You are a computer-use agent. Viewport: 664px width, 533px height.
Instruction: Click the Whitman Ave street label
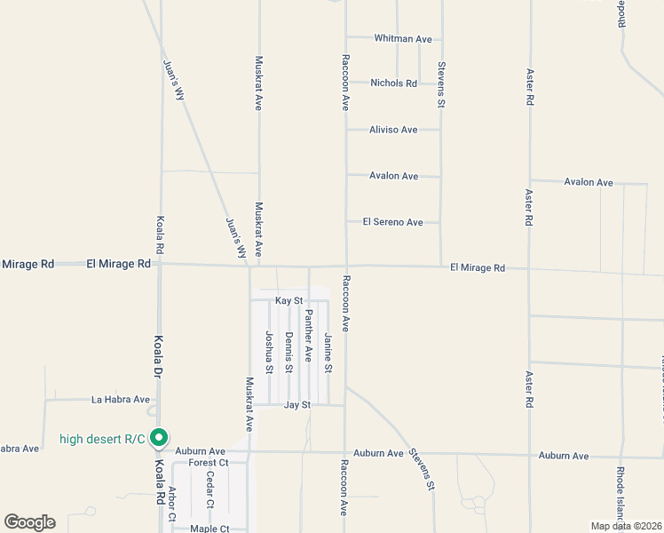(403, 39)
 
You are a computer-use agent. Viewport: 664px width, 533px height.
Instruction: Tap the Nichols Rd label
(394, 84)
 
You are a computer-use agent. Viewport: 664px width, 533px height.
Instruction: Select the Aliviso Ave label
(393, 130)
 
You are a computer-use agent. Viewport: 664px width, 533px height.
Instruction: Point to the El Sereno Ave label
(392, 222)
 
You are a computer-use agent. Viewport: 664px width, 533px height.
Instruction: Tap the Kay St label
(289, 302)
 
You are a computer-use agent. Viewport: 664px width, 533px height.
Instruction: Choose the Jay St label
(296, 405)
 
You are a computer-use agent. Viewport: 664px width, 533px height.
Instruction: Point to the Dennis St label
(289, 351)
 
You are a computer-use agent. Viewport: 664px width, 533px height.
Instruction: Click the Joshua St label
(269, 351)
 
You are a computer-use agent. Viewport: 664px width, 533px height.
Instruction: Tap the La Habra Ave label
(121, 400)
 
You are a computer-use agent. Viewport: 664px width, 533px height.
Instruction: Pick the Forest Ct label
(209, 463)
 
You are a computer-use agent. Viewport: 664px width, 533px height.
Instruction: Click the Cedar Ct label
(210, 490)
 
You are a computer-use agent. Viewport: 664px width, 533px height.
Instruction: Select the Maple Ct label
(210, 529)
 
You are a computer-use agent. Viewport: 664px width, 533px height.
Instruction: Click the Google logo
(29, 522)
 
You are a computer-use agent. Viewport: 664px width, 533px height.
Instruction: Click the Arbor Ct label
(172, 505)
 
